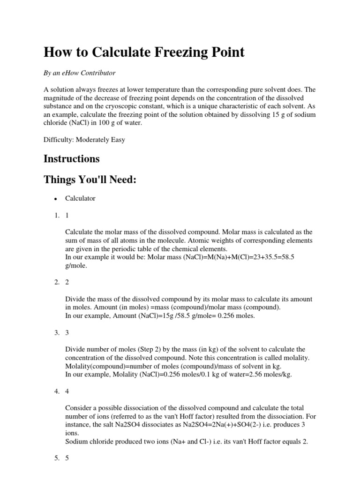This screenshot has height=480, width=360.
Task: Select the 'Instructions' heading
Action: click(72, 158)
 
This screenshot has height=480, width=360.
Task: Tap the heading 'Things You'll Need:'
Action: click(90, 180)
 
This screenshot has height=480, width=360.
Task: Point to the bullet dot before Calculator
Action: click(55, 199)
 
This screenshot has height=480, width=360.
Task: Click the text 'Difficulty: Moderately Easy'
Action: click(84, 139)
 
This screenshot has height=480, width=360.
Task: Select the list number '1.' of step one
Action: click(56, 215)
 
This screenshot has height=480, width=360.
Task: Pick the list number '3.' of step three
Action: click(56, 332)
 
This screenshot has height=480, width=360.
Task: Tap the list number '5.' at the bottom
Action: click(56, 458)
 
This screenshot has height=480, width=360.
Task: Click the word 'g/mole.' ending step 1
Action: click(76, 265)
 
